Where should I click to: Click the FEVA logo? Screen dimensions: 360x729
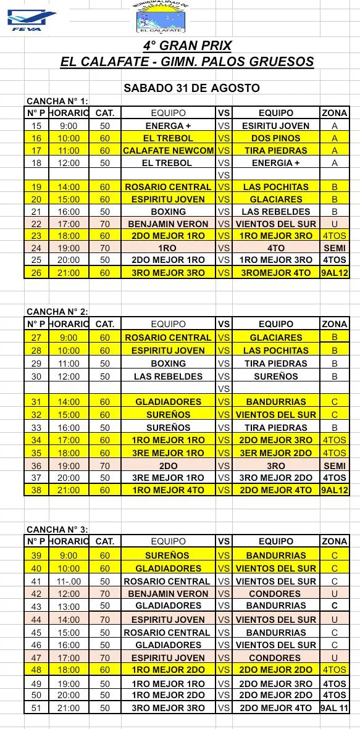31,19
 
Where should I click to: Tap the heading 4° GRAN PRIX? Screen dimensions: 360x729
187,46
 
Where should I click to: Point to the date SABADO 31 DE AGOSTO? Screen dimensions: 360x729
191,88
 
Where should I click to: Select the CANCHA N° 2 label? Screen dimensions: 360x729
57,312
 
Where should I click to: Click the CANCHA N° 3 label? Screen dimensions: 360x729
57,529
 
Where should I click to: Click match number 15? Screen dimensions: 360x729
36,126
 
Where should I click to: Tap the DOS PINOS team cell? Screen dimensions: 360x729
275,138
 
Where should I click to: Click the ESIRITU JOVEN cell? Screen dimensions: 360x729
275,126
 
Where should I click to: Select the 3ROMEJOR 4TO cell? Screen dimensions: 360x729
275,273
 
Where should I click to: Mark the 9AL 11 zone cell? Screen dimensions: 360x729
334,708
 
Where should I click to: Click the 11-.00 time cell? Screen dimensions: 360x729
69,581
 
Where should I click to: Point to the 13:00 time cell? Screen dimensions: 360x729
69,606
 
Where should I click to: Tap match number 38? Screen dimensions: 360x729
36,490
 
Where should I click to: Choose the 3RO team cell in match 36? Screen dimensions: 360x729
275,466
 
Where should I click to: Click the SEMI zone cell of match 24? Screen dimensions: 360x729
334,248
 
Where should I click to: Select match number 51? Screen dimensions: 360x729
36,708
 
